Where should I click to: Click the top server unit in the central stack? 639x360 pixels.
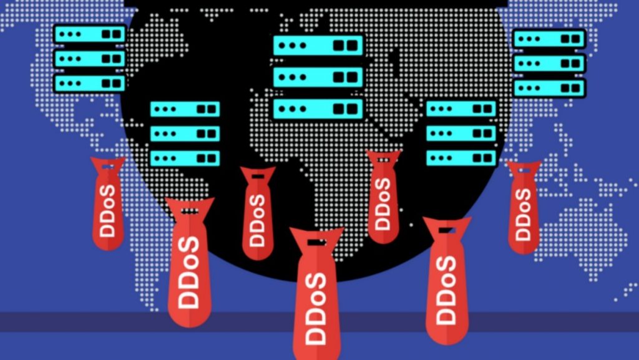(x=318, y=46)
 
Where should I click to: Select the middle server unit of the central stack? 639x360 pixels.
(x=318, y=77)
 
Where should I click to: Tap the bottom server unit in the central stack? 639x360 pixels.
(x=318, y=109)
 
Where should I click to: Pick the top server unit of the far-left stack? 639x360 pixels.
(x=90, y=34)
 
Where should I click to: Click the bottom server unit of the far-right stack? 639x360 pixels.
(x=550, y=87)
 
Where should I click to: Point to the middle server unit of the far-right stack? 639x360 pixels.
(x=550, y=64)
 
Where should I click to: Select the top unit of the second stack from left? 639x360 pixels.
(x=185, y=109)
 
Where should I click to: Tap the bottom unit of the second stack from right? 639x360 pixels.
(x=461, y=157)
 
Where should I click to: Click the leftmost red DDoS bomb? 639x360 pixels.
(x=107, y=206)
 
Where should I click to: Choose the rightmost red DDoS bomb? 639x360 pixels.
(x=523, y=209)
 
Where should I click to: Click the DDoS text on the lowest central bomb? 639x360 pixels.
(x=317, y=308)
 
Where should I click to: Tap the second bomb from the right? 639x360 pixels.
(x=447, y=281)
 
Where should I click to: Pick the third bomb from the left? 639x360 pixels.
(x=257, y=215)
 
